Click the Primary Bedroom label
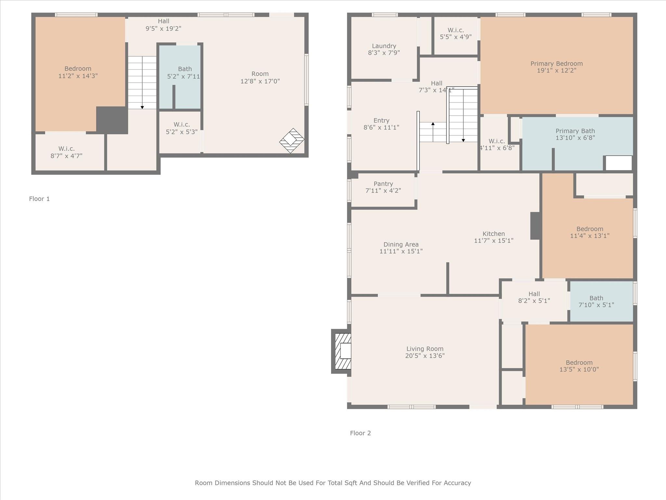click(x=556, y=64)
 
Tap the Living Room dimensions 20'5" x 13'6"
click(x=425, y=356)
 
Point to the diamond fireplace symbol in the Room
click(x=292, y=140)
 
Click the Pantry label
click(x=383, y=184)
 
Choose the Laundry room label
click(x=384, y=46)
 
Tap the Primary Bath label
click(x=575, y=131)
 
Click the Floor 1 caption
click(x=39, y=199)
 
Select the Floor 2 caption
click(x=360, y=433)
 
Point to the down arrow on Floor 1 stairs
click(x=142, y=107)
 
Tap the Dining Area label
click(x=401, y=244)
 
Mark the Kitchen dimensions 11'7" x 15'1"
click(x=493, y=241)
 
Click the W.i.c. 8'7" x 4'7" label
click(x=66, y=152)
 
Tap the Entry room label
click(x=381, y=121)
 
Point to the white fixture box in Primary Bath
click(x=618, y=163)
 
